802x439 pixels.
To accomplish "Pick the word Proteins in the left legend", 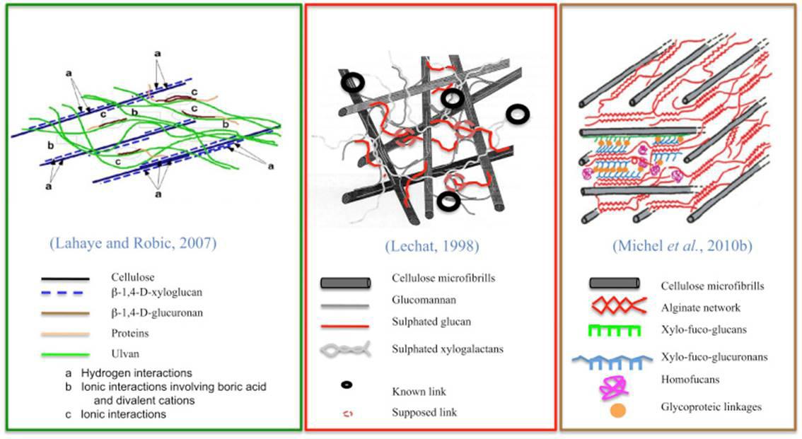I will [129, 332].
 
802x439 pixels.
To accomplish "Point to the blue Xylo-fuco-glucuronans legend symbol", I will [617, 360].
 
